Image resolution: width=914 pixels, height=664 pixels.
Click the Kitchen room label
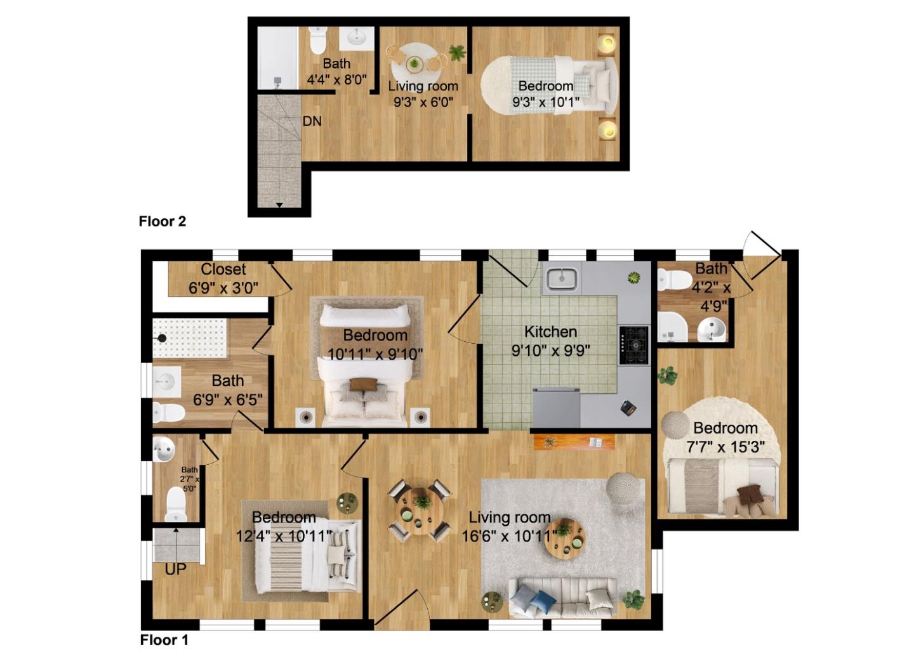tap(550, 332)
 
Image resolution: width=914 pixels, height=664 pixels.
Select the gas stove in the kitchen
tap(633, 345)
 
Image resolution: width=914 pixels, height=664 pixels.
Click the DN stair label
tap(312, 121)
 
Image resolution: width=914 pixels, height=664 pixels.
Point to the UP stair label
tap(175, 570)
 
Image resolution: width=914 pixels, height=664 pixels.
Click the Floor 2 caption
tap(162, 221)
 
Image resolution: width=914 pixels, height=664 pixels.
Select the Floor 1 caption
tap(164, 640)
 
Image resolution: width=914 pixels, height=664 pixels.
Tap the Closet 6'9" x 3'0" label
tap(223, 278)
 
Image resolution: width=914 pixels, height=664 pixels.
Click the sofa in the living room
tap(562, 599)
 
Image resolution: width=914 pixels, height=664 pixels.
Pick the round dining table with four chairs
tap(420, 511)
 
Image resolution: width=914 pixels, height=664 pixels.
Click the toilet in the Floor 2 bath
tap(317, 40)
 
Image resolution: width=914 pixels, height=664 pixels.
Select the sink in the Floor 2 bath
tap(356, 39)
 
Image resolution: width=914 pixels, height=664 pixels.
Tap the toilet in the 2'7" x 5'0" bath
tap(176, 504)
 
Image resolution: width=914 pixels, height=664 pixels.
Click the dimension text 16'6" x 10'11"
tap(509, 536)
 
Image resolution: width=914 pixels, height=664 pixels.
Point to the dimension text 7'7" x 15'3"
tap(725, 447)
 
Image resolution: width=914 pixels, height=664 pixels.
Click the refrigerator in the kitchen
tap(556, 408)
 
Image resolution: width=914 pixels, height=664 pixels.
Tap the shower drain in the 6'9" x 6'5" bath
tap(162, 338)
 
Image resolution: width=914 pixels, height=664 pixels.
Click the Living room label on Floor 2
tap(423, 86)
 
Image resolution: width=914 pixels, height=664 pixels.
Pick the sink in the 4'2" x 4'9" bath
tap(712, 330)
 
